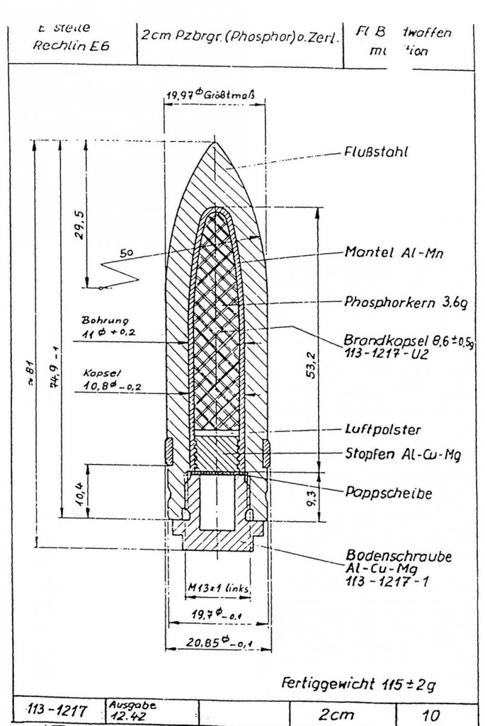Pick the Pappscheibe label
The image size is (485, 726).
pos(380,493)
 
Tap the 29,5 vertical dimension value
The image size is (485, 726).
pos(76,226)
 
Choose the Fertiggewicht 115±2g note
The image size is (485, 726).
pos(359,685)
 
